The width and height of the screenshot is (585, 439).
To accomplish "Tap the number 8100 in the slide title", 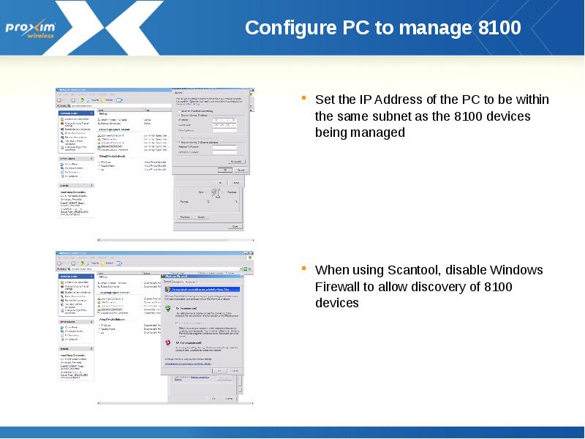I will (499, 28).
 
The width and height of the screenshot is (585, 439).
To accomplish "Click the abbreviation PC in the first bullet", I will (470, 100).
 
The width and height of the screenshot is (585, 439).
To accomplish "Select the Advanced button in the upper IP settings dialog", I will (235, 160).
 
